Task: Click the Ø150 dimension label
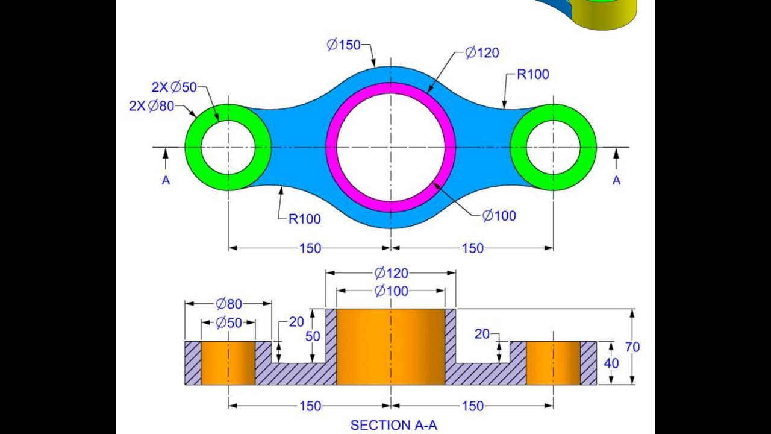pos(343,45)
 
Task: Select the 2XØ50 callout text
pos(174,87)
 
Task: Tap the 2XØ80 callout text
pos(152,106)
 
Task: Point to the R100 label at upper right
pos(532,75)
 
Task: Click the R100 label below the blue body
pos(304,219)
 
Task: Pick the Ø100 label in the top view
pos(499,216)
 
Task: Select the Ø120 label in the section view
pos(391,273)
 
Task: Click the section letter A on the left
pos(166,180)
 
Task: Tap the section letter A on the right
pos(616,180)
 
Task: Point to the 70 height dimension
pos(632,347)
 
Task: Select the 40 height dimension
pos(611,363)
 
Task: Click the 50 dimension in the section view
pos(313,336)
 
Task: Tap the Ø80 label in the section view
pos(228,303)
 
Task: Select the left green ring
pos(193,148)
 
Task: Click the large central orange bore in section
pos(390,347)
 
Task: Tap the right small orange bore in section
pos(553,363)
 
